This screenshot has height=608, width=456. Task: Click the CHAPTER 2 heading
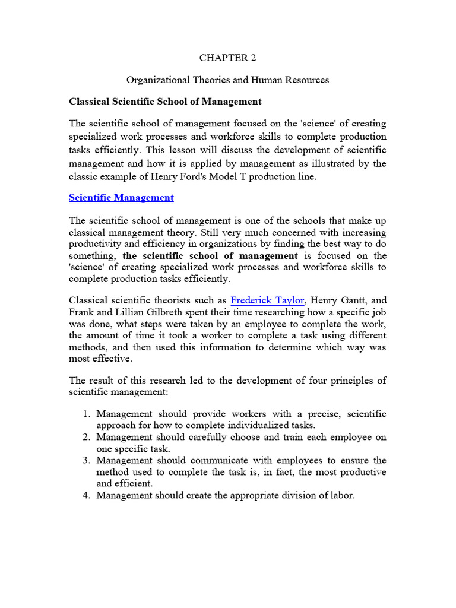click(228, 58)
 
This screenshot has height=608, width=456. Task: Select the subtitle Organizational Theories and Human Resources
click(228, 80)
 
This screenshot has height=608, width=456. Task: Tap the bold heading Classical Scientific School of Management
click(165, 102)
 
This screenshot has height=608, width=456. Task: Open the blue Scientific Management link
click(122, 198)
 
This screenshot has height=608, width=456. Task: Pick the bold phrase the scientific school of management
click(210, 256)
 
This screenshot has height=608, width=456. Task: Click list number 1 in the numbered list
click(85, 414)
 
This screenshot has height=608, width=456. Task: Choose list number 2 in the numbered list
click(85, 438)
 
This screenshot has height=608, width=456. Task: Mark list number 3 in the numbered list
click(85, 461)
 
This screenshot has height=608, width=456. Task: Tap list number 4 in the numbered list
click(85, 495)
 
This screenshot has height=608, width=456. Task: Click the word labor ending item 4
click(341, 495)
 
